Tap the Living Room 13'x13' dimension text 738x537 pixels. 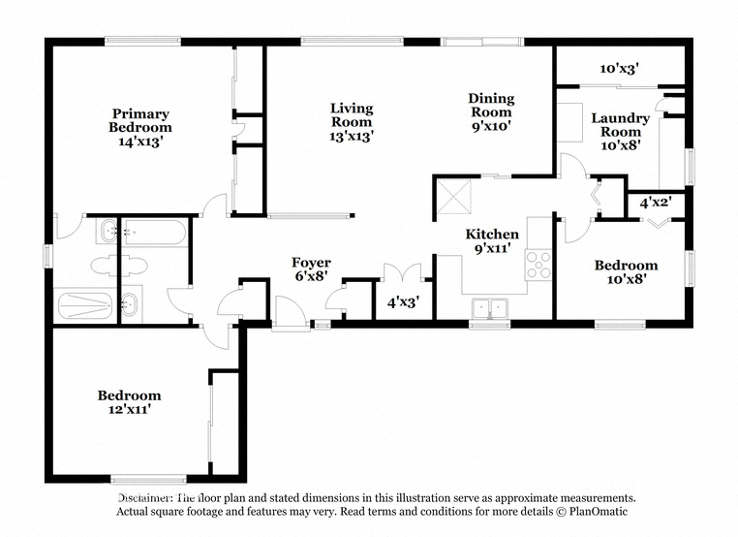click(352, 136)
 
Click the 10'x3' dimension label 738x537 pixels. click(620, 69)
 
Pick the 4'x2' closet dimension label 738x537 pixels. click(656, 203)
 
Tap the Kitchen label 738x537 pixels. click(492, 235)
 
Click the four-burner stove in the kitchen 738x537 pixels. click(538, 266)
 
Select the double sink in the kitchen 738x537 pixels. click(490, 309)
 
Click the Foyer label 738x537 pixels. click(311, 263)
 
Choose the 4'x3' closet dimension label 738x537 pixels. click(403, 302)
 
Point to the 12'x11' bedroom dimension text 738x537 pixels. click(130, 409)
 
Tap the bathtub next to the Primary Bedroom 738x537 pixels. click(155, 233)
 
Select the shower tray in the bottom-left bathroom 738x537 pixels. click(85, 305)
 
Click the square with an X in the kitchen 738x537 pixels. click(454, 197)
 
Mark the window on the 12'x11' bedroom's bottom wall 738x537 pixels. click(149, 480)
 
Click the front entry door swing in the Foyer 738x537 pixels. click(291, 312)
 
